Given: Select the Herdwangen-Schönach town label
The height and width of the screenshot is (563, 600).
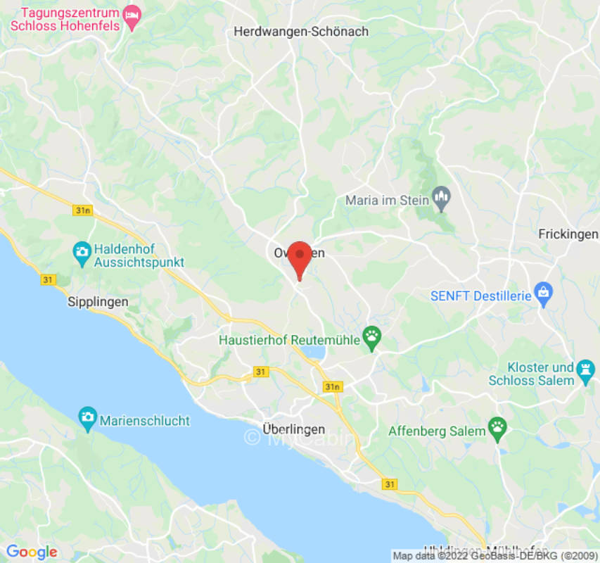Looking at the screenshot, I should [x=300, y=32].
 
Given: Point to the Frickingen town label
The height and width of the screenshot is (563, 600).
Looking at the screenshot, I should [x=568, y=234].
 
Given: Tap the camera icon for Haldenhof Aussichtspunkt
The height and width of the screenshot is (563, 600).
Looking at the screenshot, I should [x=82, y=251].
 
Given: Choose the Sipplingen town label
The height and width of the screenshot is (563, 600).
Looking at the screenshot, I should [x=98, y=301].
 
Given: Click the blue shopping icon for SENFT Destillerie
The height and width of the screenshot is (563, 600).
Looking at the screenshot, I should [x=543, y=292].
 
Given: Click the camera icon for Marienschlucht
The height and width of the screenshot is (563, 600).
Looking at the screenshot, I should [x=87, y=415].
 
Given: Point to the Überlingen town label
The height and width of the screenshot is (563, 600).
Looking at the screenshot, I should [x=293, y=429].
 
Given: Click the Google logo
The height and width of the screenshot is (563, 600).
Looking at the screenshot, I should [x=32, y=552].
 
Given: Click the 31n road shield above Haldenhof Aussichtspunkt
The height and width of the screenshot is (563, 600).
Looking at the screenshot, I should [x=82, y=210].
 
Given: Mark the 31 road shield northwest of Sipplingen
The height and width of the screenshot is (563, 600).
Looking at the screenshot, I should [x=48, y=279].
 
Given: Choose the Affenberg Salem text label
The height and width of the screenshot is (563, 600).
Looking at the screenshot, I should [x=437, y=431].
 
